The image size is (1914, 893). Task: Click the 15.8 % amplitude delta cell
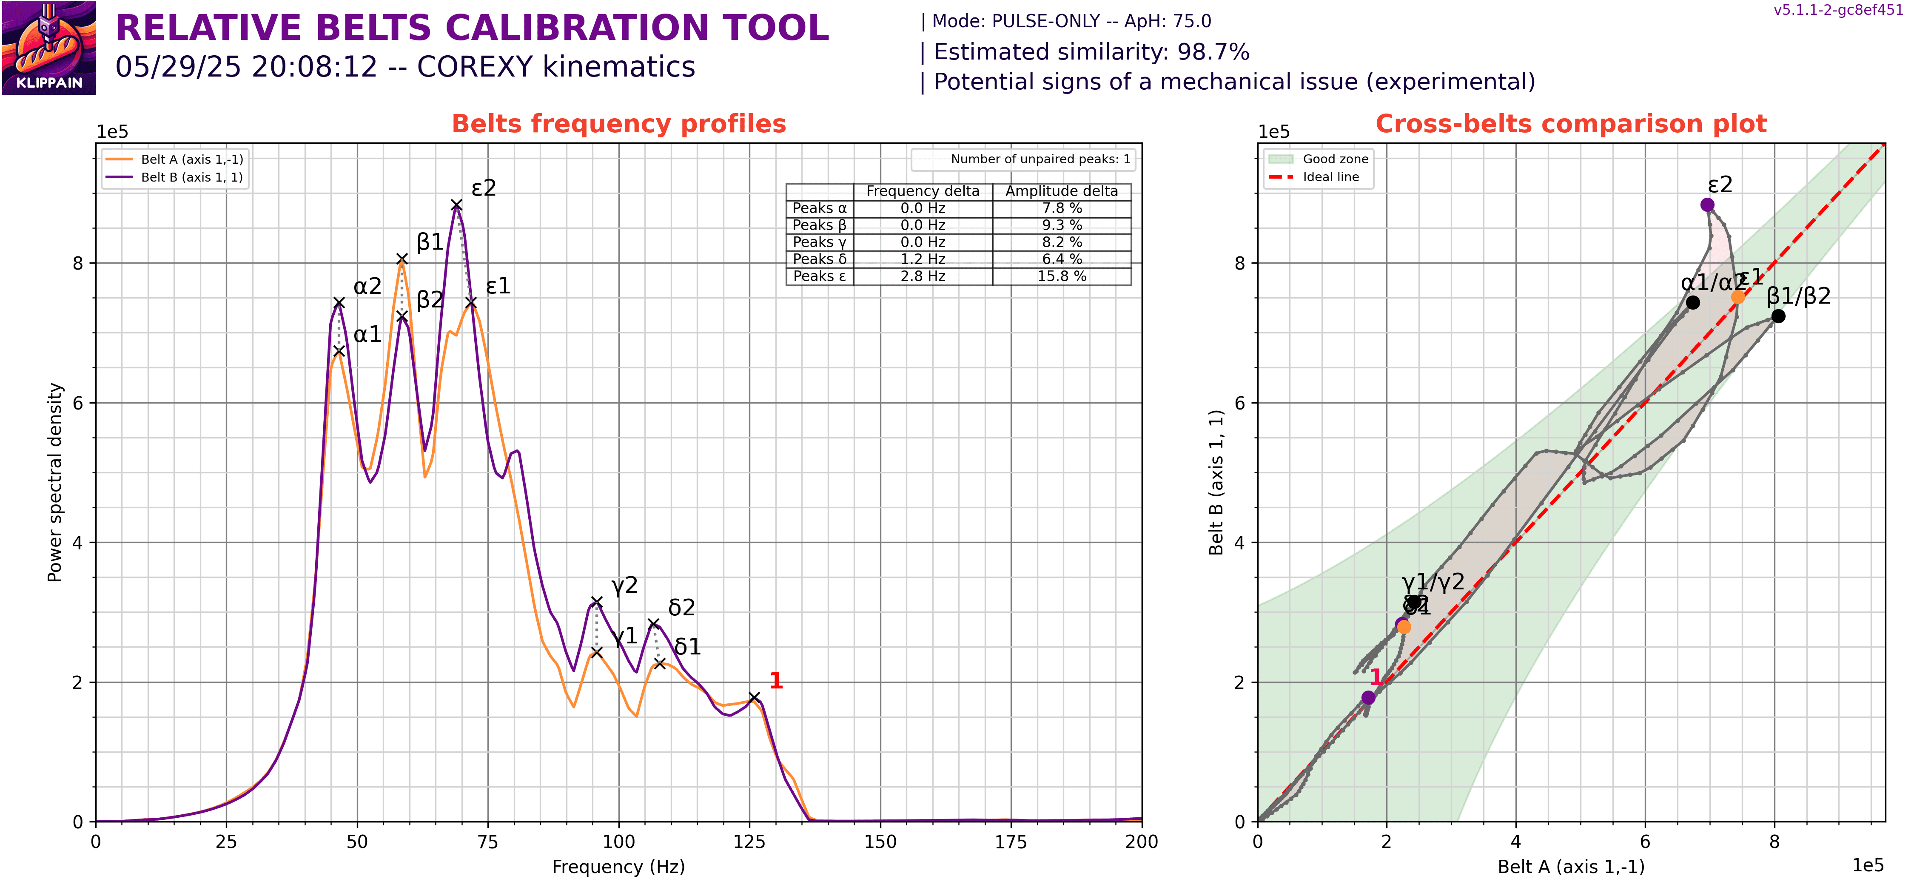(x=1061, y=276)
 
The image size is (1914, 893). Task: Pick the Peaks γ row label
(x=819, y=242)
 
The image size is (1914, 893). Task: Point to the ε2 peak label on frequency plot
(x=484, y=188)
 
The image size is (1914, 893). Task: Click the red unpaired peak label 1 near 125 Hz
(x=776, y=680)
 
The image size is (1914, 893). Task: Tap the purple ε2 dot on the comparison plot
(x=1707, y=205)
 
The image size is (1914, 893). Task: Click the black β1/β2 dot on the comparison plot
(x=1778, y=316)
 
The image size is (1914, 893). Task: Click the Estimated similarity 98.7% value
(x=1213, y=52)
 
